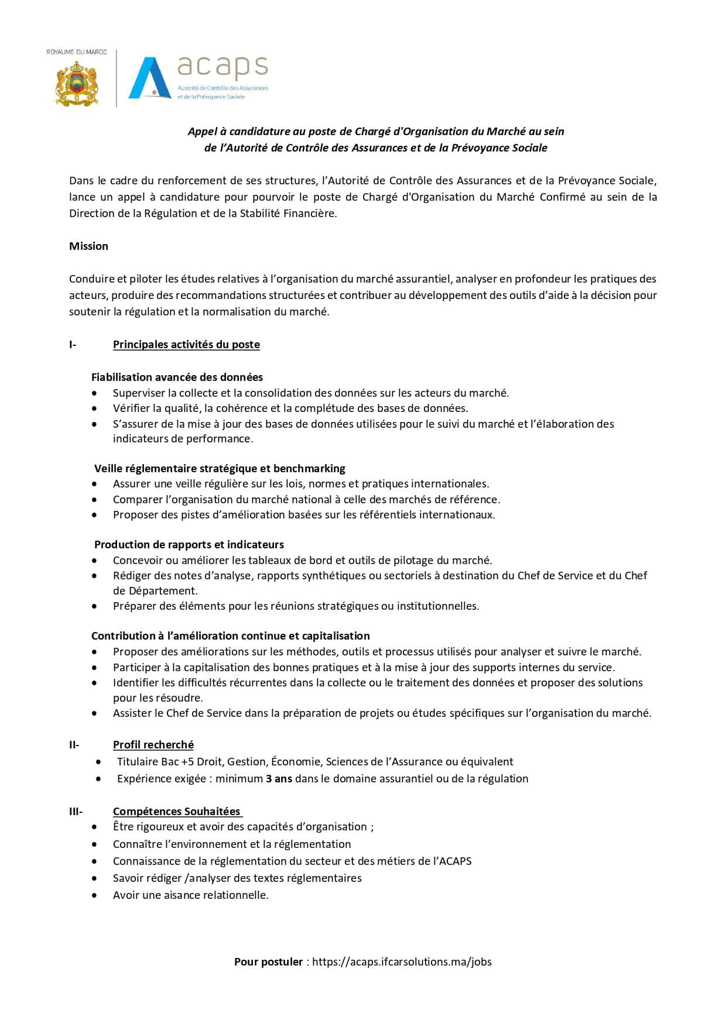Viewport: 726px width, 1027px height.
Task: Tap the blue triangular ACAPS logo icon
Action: [x=150, y=77]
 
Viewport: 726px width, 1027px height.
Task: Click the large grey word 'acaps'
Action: [x=222, y=67]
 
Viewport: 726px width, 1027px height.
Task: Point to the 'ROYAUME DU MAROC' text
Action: [x=77, y=52]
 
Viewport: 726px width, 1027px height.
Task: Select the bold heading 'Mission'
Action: [x=88, y=246]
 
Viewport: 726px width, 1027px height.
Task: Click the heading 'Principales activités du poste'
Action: [x=186, y=345]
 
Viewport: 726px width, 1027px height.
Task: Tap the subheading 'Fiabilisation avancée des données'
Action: [x=177, y=377]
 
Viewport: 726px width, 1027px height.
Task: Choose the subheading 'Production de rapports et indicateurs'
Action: [x=189, y=545]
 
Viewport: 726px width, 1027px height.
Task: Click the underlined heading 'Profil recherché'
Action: [x=153, y=745]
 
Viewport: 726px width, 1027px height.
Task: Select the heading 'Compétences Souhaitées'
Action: [x=177, y=812]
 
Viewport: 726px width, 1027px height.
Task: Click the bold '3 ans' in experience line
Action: [x=279, y=779]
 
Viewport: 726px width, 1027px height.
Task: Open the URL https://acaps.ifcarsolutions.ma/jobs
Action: [x=402, y=961]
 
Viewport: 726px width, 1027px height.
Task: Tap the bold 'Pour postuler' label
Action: [x=269, y=961]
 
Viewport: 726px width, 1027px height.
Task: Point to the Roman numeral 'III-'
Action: [x=76, y=812]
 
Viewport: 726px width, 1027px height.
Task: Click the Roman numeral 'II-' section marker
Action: [x=74, y=745]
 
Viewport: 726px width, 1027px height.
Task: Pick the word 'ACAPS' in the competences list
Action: [x=454, y=861]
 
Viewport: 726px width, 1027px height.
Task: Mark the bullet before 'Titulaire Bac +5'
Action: [x=98, y=762]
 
